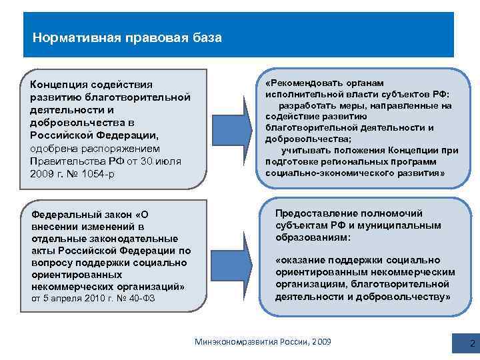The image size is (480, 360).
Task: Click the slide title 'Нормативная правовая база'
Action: [127, 37]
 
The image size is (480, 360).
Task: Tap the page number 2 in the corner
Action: [472, 344]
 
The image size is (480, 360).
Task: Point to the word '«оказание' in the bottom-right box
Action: [301, 260]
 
